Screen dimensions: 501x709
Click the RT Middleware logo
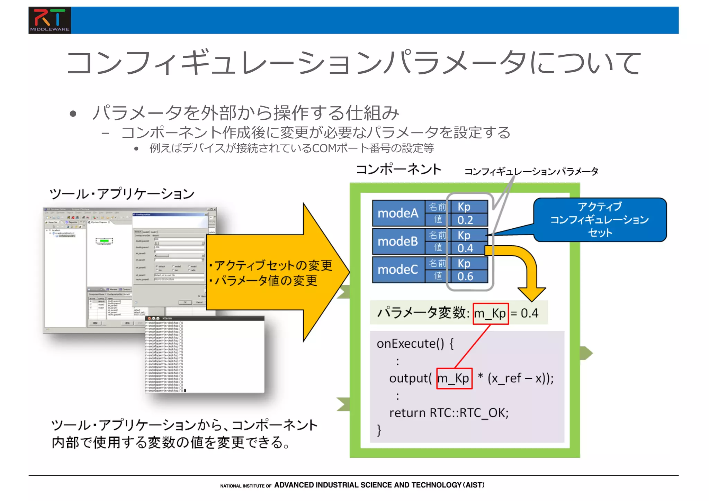point(50,20)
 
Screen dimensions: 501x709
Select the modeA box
point(398,213)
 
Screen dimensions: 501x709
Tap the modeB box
point(398,241)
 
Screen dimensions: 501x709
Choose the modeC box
point(398,269)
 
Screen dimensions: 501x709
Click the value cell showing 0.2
point(469,220)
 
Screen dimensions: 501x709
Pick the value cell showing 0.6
point(469,276)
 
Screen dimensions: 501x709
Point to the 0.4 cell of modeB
point(469,248)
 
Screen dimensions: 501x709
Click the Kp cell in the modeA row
point(469,207)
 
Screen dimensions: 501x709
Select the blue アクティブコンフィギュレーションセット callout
point(600,219)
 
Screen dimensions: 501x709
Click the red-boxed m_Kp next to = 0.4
point(491,313)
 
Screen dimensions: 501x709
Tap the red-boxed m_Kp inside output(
point(454,378)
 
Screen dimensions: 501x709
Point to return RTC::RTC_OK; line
point(449,413)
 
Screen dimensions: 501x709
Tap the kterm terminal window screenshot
point(204,355)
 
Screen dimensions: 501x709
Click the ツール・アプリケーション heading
point(122,193)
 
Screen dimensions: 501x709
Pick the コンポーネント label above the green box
point(398,169)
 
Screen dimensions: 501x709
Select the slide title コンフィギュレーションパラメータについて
point(353,63)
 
